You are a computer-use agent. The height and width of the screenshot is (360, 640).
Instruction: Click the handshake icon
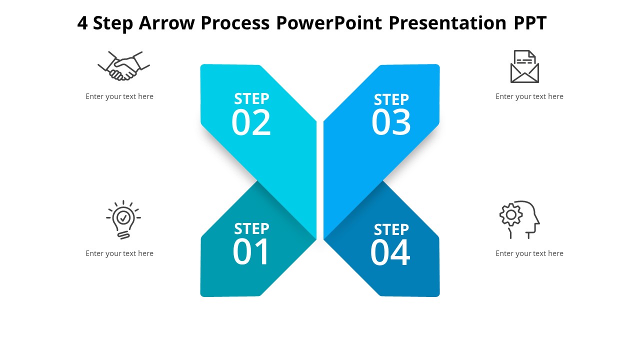click(123, 66)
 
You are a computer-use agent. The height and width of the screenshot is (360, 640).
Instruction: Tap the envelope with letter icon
click(524, 66)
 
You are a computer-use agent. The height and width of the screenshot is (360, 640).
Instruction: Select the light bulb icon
click(123, 219)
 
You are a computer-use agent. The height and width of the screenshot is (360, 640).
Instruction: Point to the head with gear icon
click(519, 219)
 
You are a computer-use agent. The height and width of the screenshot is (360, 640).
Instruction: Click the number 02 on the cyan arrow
click(251, 122)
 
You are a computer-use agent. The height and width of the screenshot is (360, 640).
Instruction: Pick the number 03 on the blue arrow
click(391, 122)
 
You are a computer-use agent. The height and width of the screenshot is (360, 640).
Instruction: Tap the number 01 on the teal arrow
click(250, 252)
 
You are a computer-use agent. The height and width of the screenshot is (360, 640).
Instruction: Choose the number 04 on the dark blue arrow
click(390, 252)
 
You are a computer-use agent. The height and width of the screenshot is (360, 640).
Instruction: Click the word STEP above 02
click(251, 99)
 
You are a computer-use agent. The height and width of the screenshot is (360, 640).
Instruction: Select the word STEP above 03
click(391, 99)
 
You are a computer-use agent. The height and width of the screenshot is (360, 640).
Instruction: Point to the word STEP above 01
click(251, 229)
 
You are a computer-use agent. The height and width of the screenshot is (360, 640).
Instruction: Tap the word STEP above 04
click(391, 229)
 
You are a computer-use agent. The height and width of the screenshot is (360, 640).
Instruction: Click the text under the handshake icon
click(119, 96)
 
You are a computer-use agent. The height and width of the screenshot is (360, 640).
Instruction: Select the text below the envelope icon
click(529, 96)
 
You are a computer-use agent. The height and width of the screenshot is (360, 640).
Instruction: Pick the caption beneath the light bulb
click(119, 253)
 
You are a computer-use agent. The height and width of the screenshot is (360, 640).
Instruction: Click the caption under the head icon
click(529, 253)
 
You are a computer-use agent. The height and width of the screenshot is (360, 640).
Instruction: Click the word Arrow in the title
click(167, 23)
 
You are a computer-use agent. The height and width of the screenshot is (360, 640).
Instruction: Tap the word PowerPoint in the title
click(329, 23)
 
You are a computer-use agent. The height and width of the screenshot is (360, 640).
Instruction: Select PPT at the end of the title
click(530, 23)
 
